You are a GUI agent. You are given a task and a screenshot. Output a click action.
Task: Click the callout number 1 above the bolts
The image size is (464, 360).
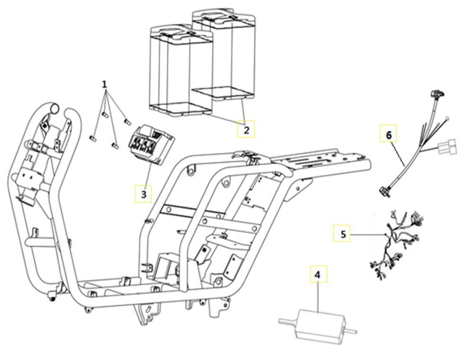pos(104,84)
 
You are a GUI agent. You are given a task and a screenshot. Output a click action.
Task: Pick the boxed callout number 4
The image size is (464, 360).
pos(318,274)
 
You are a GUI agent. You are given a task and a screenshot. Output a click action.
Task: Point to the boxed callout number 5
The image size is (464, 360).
pos(342,233)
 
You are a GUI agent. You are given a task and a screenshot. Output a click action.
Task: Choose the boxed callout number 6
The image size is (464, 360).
pos(389,135)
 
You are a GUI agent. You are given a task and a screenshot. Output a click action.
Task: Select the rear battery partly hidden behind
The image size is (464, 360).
pos(232,52)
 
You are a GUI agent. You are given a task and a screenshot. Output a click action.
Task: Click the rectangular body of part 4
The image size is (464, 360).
pos(316,325)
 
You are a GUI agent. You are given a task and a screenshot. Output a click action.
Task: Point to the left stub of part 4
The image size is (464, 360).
pos(287,321)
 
